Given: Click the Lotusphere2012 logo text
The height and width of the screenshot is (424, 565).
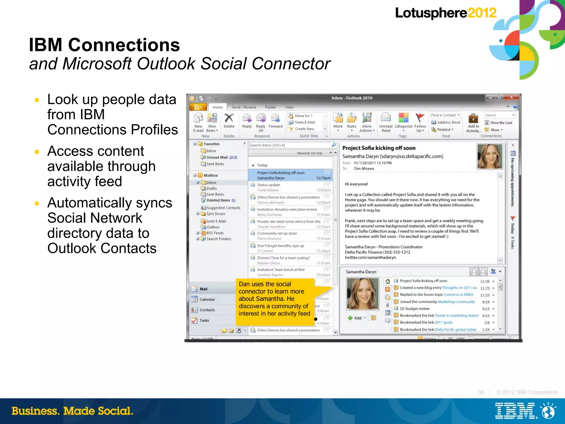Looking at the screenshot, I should pos(445,13).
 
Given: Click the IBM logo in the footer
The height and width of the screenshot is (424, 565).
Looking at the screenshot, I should pos(516,411).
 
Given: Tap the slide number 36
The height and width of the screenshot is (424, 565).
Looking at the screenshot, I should pos(481,392).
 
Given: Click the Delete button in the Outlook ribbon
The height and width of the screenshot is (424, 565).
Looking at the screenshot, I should pos(229,121).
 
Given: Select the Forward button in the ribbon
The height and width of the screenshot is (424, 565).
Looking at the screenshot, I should pos(275,121).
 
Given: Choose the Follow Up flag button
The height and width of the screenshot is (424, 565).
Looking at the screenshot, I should pos(420,121).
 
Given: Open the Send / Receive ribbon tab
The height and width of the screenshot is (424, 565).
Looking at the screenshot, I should pos(244,107).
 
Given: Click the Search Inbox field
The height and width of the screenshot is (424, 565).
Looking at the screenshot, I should pos(290,145).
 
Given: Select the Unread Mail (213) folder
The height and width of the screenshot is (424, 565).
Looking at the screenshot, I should pos(222,157).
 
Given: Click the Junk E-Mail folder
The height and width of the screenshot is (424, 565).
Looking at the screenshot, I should pos(216,221).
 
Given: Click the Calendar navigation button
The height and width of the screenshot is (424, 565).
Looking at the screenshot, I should pos(207,299).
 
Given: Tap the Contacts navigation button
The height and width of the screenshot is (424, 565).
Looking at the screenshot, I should pos(207,310).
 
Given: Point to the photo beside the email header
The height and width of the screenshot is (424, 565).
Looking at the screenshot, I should pos(490,156).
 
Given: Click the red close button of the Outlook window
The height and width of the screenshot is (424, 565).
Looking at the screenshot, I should pos(511,97).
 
